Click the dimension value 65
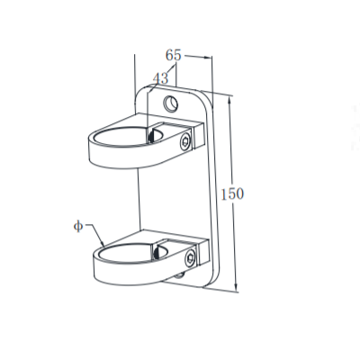175,55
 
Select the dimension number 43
161,79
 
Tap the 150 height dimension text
231,193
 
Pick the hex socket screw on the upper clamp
186,140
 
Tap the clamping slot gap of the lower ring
164,247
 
